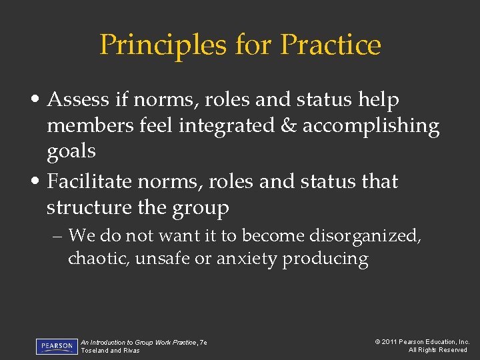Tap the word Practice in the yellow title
pyautogui.click(x=331, y=45)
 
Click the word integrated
pyautogui.click(x=223, y=126)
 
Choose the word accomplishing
pyautogui.click(x=371, y=126)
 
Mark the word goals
pyautogui.click(x=71, y=151)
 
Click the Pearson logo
pyautogui.click(x=57, y=347)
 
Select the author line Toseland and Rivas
pyautogui.click(x=111, y=351)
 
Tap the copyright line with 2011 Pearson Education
pyautogui.click(x=422, y=342)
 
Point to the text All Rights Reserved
pyautogui.click(x=437, y=350)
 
